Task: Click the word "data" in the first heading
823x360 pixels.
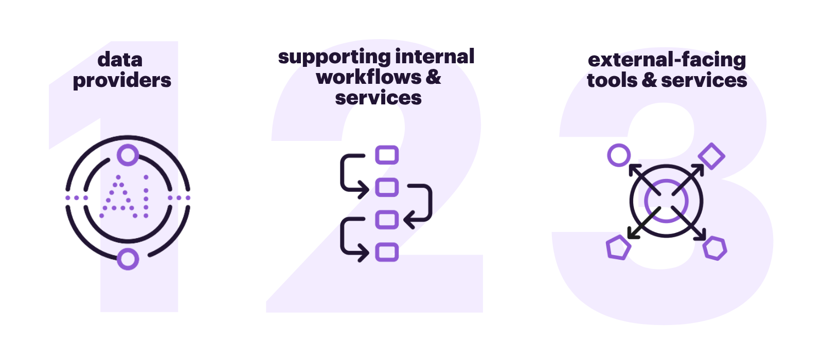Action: click(x=120, y=60)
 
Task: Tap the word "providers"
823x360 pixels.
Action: click(x=122, y=81)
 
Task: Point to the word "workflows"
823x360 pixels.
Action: click(x=369, y=77)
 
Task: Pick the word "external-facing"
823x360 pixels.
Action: click(x=667, y=60)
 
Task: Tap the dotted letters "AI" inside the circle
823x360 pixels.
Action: click(x=126, y=197)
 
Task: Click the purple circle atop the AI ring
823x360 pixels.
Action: click(x=128, y=155)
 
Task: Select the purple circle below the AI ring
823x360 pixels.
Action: click(x=128, y=259)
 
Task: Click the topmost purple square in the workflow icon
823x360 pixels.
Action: click(x=387, y=155)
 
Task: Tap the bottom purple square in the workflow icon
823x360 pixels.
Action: click(x=387, y=252)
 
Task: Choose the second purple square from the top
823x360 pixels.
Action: click(x=387, y=187)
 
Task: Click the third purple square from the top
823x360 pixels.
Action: click(x=387, y=220)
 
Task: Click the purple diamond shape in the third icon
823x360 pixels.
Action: click(x=711, y=156)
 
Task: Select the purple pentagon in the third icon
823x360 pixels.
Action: click(x=618, y=248)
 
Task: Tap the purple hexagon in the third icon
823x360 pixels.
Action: click(x=715, y=248)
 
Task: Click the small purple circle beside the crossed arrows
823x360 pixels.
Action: click(x=619, y=155)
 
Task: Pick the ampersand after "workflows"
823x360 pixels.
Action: click(x=433, y=77)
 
